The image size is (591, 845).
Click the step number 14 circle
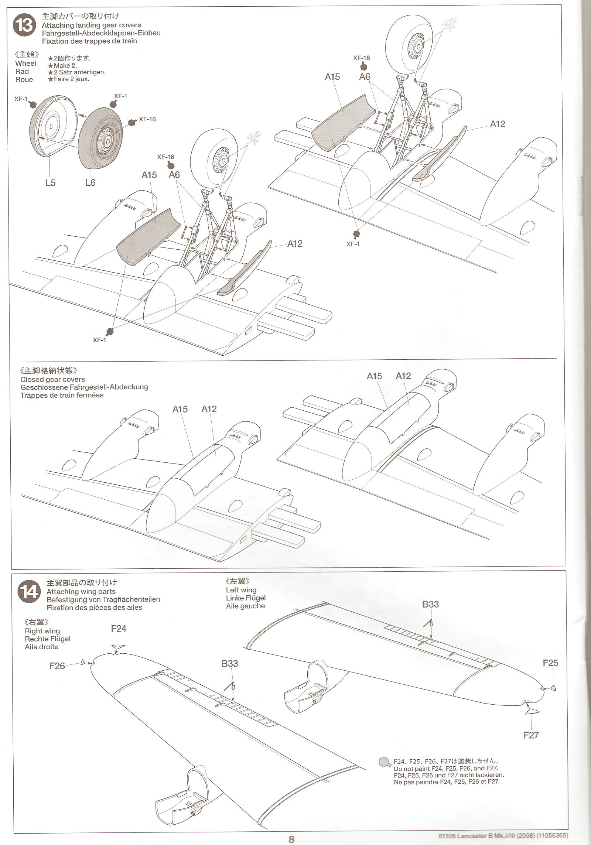point(29,592)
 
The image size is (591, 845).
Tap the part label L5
point(50,182)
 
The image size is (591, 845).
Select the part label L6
point(90,182)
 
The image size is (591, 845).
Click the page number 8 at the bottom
point(291,839)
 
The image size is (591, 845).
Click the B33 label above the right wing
point(229,664)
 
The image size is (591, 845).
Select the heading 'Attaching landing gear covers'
point(91,25)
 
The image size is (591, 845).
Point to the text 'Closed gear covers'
point(52,379)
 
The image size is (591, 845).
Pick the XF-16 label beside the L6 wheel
point(147,119)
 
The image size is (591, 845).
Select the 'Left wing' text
point(241,590)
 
